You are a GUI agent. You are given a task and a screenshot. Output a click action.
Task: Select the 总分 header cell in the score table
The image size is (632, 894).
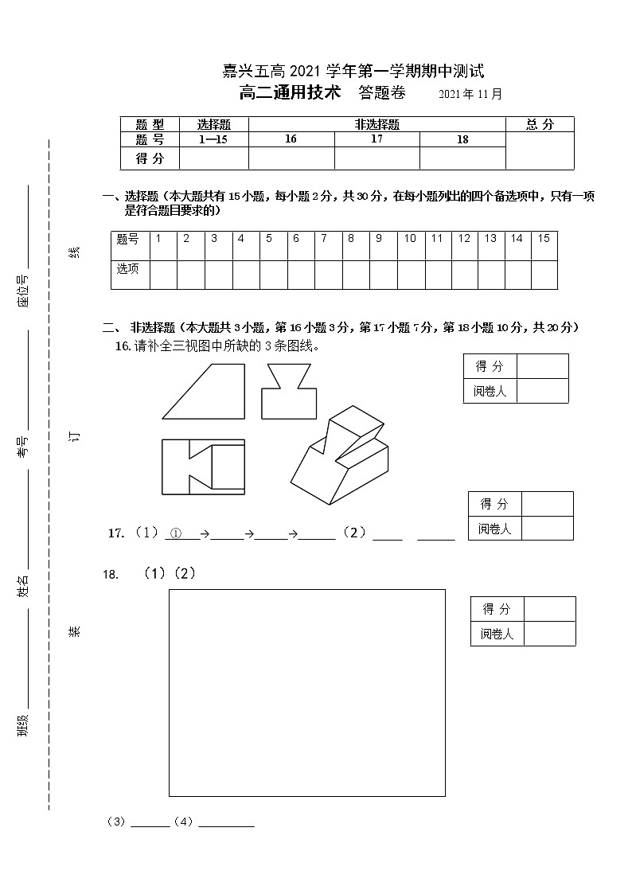pos(540,124)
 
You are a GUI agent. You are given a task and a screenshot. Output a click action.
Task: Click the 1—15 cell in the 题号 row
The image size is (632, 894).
pos(213,139)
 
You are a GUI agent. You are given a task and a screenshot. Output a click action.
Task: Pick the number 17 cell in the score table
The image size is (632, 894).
pos(376,139)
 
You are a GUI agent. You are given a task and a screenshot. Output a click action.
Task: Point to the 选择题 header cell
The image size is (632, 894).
pos(213,124)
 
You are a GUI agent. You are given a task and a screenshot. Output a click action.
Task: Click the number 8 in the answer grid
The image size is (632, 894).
pos(351,238)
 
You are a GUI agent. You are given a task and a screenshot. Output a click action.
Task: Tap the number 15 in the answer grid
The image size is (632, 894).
pos(544,238)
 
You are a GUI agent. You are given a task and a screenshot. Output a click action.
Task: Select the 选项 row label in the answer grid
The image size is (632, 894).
pos(128,268)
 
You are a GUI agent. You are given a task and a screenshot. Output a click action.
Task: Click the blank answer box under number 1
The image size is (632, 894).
pos(162,273)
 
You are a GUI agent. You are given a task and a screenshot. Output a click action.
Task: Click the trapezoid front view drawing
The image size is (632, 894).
pos(204,391)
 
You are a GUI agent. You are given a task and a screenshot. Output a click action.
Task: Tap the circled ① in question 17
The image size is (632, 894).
pos(177,533)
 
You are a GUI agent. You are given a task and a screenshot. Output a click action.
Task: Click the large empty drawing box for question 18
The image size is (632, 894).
pos(306,692)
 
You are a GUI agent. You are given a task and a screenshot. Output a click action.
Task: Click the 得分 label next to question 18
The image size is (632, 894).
pos(497,610)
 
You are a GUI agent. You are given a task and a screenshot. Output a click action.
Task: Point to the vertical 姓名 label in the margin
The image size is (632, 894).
pos(23,587)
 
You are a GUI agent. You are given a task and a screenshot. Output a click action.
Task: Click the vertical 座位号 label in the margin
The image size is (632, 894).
pos(23,291)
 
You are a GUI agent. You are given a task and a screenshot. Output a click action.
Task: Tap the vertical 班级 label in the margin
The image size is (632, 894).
pos(23,725)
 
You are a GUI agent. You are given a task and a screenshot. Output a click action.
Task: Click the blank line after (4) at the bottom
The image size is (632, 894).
pos(226,823)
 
